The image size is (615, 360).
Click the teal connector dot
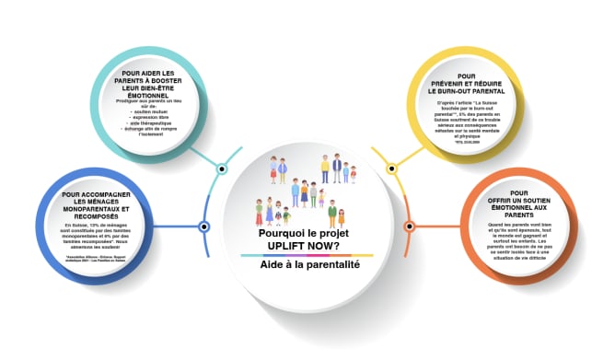tap(222, 170)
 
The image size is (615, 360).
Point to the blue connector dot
tap(204, 226)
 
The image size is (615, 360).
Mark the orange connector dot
tap(409, 226)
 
